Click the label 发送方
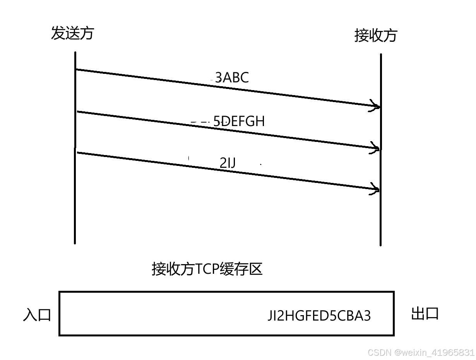pyautogui.click(x=72, y=33)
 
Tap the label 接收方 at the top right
pyautogui.click(x=376, y=36)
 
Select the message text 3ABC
pyautogui.click(x=232, y=78)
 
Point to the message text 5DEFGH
pyautogui.click(x=239, y=121)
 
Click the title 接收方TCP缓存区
pyautogui.click(x=207, y=269)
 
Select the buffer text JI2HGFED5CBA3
pyautogui.click(x=319, y=316)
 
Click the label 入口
pyautogui.click(x=37, y=315)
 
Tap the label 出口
pyautogui.click(x=425, y=314)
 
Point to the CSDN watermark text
pyautogui.click(x=421, y=352)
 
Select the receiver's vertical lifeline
pyautogui.click(x=381, y=217)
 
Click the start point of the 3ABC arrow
pyautogui.click(x=77, y=70)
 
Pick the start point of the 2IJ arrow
pyautogui.click(x=78, y=153)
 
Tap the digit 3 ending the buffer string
pyautogui.click(x=366, y=316)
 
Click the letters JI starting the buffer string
pyautogui.click(x=273, y=316)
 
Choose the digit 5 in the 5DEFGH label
pyautogui.click(x=217, y=121)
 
